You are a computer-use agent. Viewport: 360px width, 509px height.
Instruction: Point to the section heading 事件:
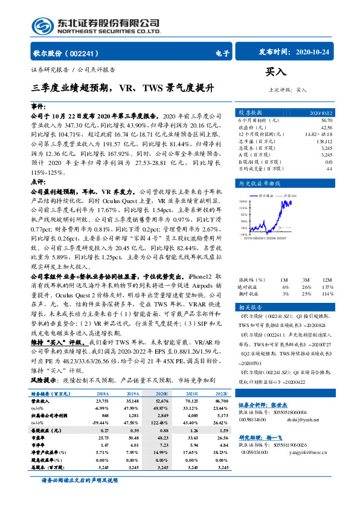tap(38, 105)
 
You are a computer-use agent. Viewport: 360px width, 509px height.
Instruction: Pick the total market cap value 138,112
tap(325, 140)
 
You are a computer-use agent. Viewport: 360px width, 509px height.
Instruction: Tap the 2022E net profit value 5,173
tap(222, 415)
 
